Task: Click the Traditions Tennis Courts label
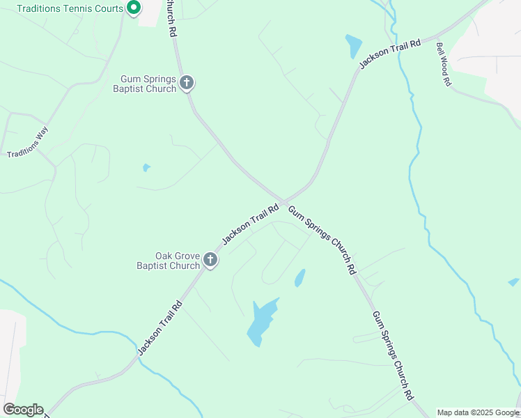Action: (68, 8)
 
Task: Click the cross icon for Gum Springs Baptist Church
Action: (187, 84)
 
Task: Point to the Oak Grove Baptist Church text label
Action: (168, 261)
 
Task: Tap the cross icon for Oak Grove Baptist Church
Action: (210, 261)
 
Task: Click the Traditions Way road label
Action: (28, 142)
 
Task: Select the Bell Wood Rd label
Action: (444, 63)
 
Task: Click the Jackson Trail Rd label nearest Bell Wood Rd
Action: (390, 54)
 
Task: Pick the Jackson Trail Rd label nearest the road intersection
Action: (250, 224)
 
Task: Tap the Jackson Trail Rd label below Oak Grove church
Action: (160, 327)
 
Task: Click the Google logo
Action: (23, 410)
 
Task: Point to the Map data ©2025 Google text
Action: (479, 412)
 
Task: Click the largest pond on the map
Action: (261, 320)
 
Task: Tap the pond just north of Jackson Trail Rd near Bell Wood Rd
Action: (354, 46)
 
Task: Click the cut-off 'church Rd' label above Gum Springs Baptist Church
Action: (171, 18)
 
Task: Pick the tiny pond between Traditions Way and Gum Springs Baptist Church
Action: (146, 167)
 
